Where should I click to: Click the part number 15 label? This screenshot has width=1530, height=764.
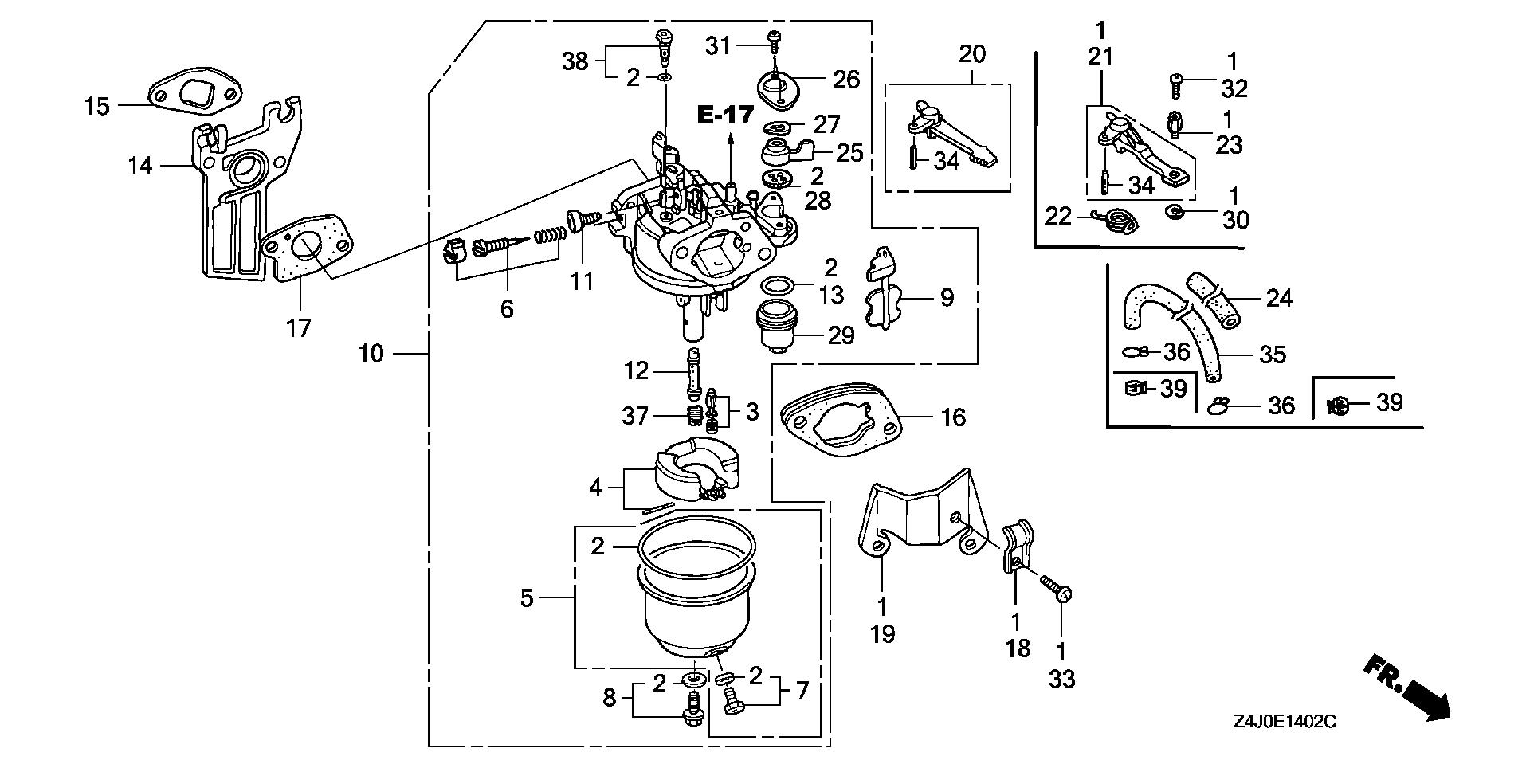[x=97, y=106]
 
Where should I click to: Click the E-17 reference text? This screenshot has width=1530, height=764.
[x=725, y=115]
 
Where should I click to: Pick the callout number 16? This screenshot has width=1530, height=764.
[x=953, y=417]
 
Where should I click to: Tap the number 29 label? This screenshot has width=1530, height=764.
[x=841, y=335]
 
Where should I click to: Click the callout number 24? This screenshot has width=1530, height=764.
[x=1278, y=299]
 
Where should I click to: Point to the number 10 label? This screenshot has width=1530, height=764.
[x=371, y=353]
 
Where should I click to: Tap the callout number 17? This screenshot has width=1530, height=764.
[x=298, y=327]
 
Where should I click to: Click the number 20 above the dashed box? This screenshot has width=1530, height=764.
[x=972, y=55]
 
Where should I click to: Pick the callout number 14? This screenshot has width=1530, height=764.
[x=142, y=166]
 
